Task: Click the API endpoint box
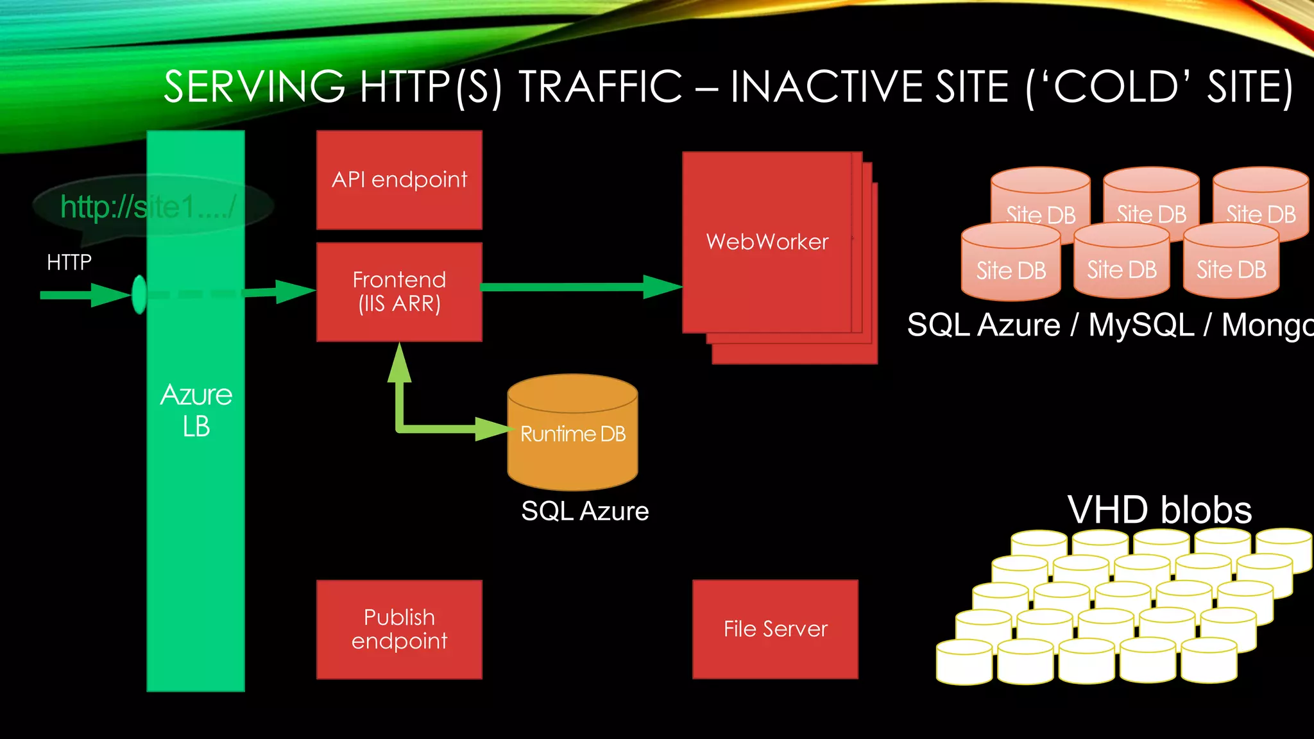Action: [399, 180]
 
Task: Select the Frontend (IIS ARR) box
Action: [399, 292]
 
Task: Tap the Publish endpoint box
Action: [399, 629]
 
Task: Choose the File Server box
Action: [775, 629]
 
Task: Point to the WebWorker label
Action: [767, 242]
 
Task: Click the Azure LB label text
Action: [196, 411]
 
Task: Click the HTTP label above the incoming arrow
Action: [69, 262]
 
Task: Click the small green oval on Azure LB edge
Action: [139, 294]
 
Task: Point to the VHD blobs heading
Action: [1159, 511]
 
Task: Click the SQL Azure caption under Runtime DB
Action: [584, 511]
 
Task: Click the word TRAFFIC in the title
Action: [600, 87]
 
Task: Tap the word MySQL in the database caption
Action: [1141, 325]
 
